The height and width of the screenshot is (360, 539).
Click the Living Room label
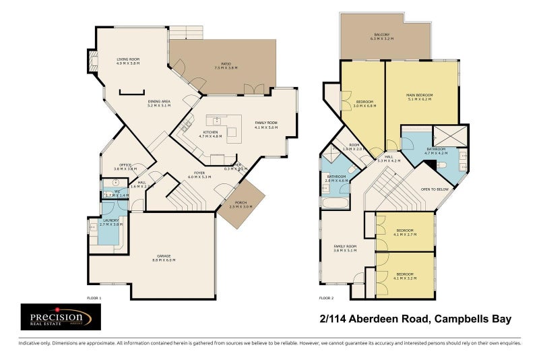[127, 61]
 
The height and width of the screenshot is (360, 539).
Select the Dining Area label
[159, 103]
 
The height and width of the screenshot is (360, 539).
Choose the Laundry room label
[109, 222]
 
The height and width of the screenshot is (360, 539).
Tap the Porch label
[240, 205]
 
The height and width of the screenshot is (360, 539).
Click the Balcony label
[381, 37]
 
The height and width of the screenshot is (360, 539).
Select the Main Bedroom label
[419, 97]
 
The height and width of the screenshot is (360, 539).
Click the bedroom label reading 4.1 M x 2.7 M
[405, 233]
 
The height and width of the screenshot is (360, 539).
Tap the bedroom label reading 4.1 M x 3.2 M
[405, 276]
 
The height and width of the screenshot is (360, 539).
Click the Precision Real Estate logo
[61, 317]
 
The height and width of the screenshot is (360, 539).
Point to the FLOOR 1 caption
[94, 297]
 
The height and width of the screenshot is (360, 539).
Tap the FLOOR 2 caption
[326, 297]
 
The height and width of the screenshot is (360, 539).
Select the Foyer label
[199, 174]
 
